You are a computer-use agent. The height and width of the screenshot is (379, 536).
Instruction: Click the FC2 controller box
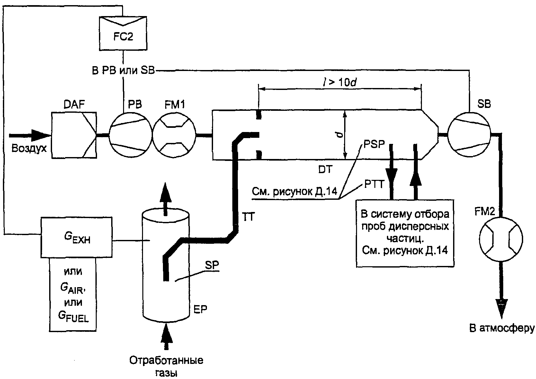[123, 33]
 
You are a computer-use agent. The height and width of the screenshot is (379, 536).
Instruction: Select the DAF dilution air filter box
[74, 135]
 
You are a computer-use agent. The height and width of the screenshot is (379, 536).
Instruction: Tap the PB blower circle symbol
[131, 135]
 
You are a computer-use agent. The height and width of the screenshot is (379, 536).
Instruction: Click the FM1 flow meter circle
[174, 135]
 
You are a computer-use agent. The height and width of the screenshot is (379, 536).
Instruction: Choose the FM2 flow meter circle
[501, 239]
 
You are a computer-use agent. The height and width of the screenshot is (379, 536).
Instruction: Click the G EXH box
[76, 237]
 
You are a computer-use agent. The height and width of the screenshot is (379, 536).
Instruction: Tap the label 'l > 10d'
[339, 83]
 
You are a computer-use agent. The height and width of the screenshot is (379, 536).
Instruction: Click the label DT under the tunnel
[325, 170]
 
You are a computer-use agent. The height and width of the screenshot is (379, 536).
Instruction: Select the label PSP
[374, 144]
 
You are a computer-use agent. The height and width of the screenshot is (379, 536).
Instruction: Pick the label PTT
[374, 184]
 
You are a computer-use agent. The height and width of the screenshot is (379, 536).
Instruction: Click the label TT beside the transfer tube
[249, 216]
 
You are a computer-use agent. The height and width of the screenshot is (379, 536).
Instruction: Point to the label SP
[212, 265]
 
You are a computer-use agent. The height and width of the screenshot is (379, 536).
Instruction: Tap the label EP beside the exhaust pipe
[200, 309]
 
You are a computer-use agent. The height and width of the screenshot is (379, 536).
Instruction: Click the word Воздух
[29, 149]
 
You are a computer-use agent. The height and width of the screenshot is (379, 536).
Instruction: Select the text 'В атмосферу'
[502, 329]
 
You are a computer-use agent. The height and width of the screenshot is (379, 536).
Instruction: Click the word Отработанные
[166, 360]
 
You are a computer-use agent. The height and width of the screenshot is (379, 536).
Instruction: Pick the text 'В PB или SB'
[123, 71]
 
